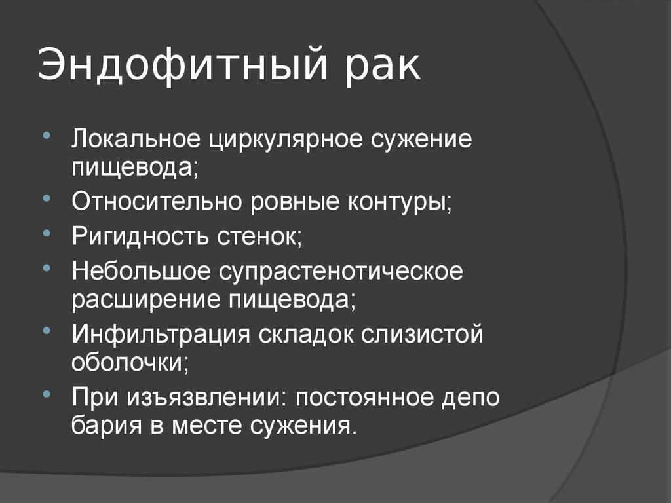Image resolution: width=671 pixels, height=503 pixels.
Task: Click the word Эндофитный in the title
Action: coord(183,64)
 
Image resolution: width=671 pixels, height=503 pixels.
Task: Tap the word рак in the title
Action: coord(383,68)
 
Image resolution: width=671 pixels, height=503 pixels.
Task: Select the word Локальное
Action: coord(136,139)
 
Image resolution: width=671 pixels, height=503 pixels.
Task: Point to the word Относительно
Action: coord(157,200)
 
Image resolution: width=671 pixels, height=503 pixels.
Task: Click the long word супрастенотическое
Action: coord(341,272)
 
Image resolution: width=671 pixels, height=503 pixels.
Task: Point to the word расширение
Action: coord(145,300)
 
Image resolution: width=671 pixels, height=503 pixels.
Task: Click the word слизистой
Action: coord(422,334)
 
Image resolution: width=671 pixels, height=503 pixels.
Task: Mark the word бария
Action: coord(106,426)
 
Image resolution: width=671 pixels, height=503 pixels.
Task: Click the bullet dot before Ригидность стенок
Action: coord(47,233)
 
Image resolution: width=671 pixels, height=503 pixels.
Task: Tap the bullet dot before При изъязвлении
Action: coord(47,394)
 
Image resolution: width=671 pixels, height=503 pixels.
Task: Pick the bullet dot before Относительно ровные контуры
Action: coord(47,198)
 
